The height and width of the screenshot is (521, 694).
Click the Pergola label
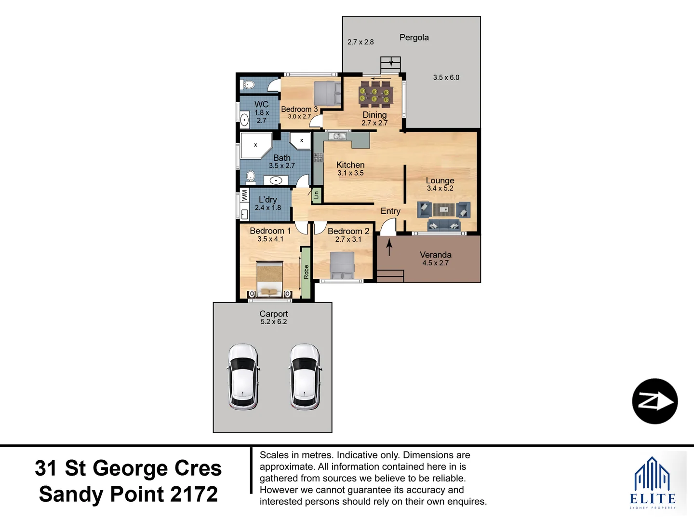point(414,37)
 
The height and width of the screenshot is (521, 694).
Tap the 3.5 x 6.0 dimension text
point(446,78)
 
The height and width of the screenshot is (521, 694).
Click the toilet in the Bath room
point(251,177)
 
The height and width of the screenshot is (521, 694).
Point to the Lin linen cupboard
point(317,195)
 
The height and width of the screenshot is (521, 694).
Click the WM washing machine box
point(244,195)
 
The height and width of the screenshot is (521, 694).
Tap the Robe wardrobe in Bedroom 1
point(306,272)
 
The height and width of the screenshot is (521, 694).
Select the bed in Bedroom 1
point(270,279)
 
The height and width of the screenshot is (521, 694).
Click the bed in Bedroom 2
point(342,265)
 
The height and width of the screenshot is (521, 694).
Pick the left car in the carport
point(243,376)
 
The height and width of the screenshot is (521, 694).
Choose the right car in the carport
point(305,376)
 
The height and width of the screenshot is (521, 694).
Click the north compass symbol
point(655,401)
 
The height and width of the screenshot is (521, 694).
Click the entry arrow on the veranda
point(389,247)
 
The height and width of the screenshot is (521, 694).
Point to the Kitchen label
point(350,165)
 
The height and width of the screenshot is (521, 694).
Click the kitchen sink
point(337,137)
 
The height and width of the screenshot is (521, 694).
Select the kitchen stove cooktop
point(318,157)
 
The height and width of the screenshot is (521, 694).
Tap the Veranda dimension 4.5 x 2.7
point(435,263)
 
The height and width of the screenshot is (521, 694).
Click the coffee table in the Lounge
point(444,209)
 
